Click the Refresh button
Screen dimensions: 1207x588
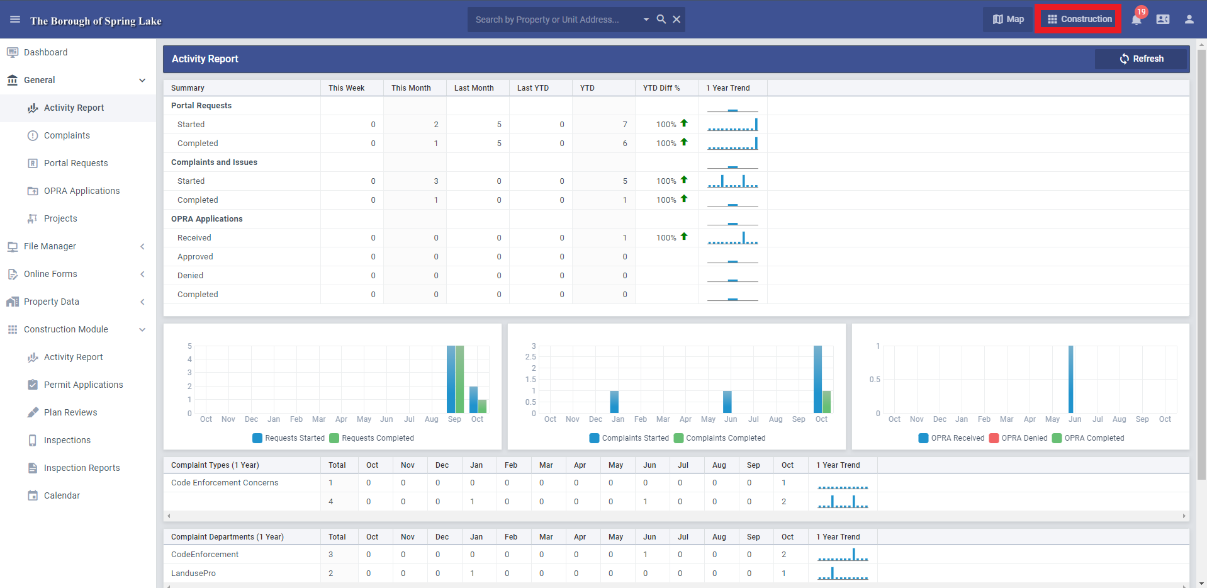point(1141,59)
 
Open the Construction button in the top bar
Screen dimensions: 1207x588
point(1079,19)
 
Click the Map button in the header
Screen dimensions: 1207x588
point(1008,19)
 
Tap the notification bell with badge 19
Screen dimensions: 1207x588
point(1137,20)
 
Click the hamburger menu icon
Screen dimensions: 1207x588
point(15,20)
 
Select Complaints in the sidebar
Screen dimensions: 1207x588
point(67,135)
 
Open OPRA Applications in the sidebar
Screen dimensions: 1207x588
point(82,191)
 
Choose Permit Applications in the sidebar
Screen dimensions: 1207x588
point(84,385)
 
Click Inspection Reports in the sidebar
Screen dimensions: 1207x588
point(82,468)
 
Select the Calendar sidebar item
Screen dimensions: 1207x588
point(62,495)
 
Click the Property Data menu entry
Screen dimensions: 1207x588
point(52,302)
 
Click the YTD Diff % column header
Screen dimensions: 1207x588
point(661,88)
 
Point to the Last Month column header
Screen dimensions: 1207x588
point(474,88)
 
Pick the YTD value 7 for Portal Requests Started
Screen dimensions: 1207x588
point(625,125)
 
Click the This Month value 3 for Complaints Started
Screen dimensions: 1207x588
point(436,181)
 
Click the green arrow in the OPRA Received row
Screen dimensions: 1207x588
point(684,237)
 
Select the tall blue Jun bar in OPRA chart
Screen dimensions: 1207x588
point(1070,379)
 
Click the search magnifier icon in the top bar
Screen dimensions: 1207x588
point(661,20)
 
